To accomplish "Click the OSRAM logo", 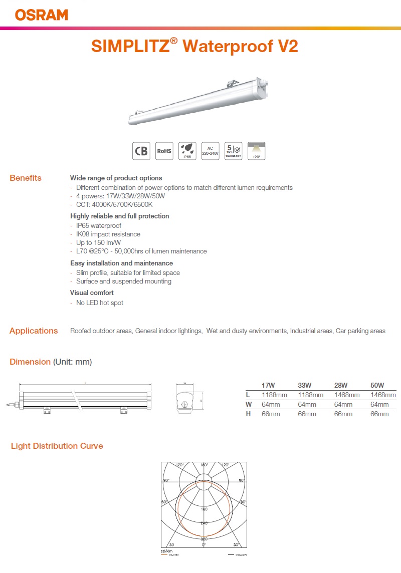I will [42, 15].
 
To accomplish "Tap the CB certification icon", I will [141, 151].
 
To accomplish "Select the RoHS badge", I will [164, 151].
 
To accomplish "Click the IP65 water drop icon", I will [186, 150].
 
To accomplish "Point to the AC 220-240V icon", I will [210, 151].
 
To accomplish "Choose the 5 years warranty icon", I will [234, 151].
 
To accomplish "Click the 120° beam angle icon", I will [257, 151].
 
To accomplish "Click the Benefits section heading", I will [26, 178].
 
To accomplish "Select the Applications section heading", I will [34, 331].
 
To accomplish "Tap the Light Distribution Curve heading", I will [57, 446].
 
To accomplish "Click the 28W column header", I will [341, 385].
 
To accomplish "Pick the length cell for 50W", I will [383, 395].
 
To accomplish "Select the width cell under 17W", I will [271, 405].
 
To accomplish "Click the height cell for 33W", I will [307, 414].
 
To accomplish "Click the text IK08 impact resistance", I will [108, 234].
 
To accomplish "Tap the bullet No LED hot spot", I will [99, 303].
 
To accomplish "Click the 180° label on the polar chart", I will [204, 465].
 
